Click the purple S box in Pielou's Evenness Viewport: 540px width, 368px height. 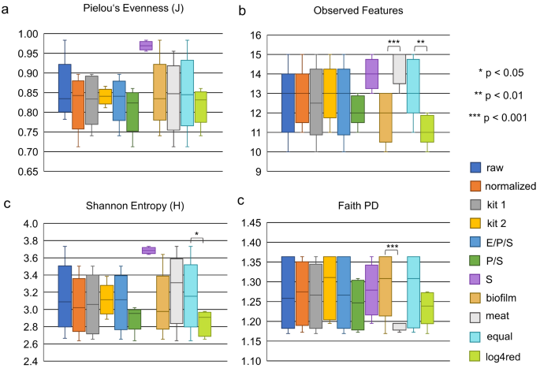[x=146, y=45]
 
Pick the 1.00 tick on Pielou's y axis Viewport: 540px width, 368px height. [x=27, y=35]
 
